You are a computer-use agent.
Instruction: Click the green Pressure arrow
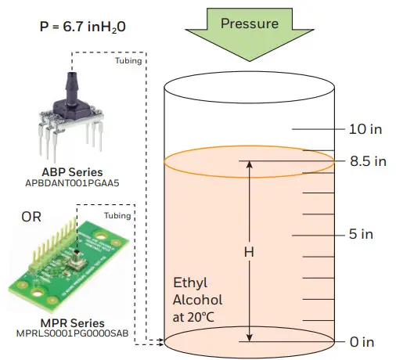(250, 32)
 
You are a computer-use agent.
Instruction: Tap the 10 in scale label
(367, 129)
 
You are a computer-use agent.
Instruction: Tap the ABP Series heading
(73, 172)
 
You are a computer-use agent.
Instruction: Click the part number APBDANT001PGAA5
(73, 184)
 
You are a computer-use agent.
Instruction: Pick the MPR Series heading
(72, 323)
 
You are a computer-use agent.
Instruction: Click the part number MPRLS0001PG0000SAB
(72, 335)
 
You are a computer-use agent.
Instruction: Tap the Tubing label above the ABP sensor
(127, 59)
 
